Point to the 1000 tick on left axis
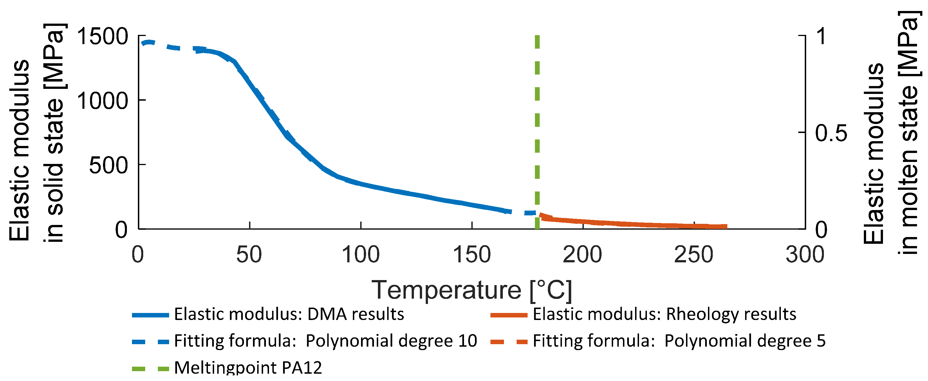(x=102, y=101)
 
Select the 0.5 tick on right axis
(x=831, y=133)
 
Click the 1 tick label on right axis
(x=821, y=36)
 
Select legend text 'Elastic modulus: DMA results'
(x=289, y=314)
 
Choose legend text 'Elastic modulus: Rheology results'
(x=664, y=314)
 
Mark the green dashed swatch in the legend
(x=151, y=369)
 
